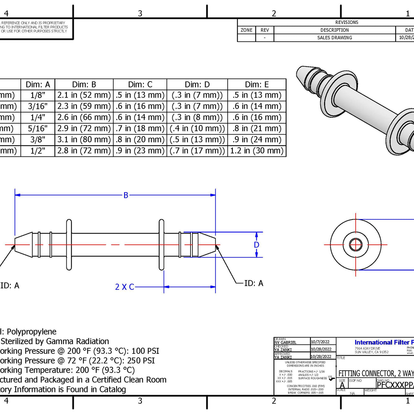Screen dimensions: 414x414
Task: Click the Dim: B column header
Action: click(84, 84)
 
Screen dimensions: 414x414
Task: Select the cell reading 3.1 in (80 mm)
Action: click(84, 139)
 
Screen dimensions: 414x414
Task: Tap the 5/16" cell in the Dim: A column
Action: click(38, 128)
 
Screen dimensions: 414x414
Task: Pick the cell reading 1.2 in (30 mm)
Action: click(257, 151)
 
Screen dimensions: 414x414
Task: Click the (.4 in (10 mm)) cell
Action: click(197, 128)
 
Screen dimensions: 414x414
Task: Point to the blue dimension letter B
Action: click(126, 195)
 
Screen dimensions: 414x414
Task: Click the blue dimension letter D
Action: click(256, 245)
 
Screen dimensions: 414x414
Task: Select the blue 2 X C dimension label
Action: click(125, 287)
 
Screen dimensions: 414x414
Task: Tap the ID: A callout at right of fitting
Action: click(254, 283)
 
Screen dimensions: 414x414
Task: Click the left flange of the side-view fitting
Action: click(69, 245)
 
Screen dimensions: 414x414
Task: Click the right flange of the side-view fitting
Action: click(161, 245)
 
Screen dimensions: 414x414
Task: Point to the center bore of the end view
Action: click(355, 245)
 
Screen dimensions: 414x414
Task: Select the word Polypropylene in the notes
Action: click(32, 332)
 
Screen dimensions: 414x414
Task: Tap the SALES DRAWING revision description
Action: click(334, 38)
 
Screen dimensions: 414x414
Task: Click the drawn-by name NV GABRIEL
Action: click(285, 343)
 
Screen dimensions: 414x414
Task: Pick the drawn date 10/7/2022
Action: click(320, 342)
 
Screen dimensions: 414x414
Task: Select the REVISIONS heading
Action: click(346, 22)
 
